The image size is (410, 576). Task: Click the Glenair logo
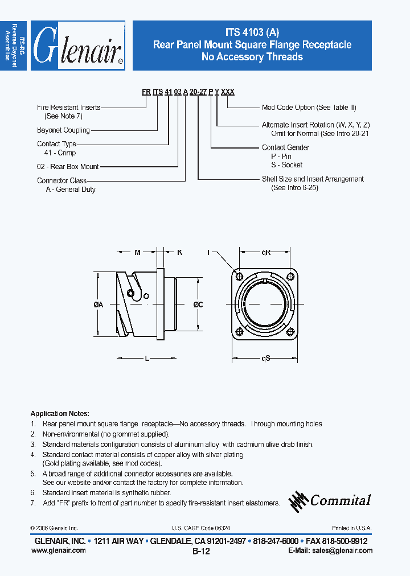tap(78, 46)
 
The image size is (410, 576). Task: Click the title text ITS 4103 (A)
tap(252, 32)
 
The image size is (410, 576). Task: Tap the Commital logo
tap(330, 501)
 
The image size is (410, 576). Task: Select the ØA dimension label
tap(98, 305)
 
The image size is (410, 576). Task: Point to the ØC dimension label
tap(198, 305)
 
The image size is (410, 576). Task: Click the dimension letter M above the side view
tap(137, 252)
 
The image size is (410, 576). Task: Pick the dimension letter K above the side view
tap(179, 252)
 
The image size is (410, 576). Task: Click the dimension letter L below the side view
tap(147, 358)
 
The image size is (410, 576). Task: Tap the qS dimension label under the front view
tap(266, 358)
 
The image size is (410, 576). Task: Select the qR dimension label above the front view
tap(266, 252)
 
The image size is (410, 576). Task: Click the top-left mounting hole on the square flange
tap(240, 276)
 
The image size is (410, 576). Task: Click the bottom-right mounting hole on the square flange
tap(290, 332)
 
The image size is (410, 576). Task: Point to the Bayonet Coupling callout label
tap(63, 130)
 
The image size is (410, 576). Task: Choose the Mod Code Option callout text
tap(304, 108)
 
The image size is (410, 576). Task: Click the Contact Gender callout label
tap(285, 147)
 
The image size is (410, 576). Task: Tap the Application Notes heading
tap(60, 414)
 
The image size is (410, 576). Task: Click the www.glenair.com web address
tap(58, 550)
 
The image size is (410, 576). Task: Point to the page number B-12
tap(201, 552)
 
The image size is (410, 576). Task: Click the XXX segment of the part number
tap(227, 92)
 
